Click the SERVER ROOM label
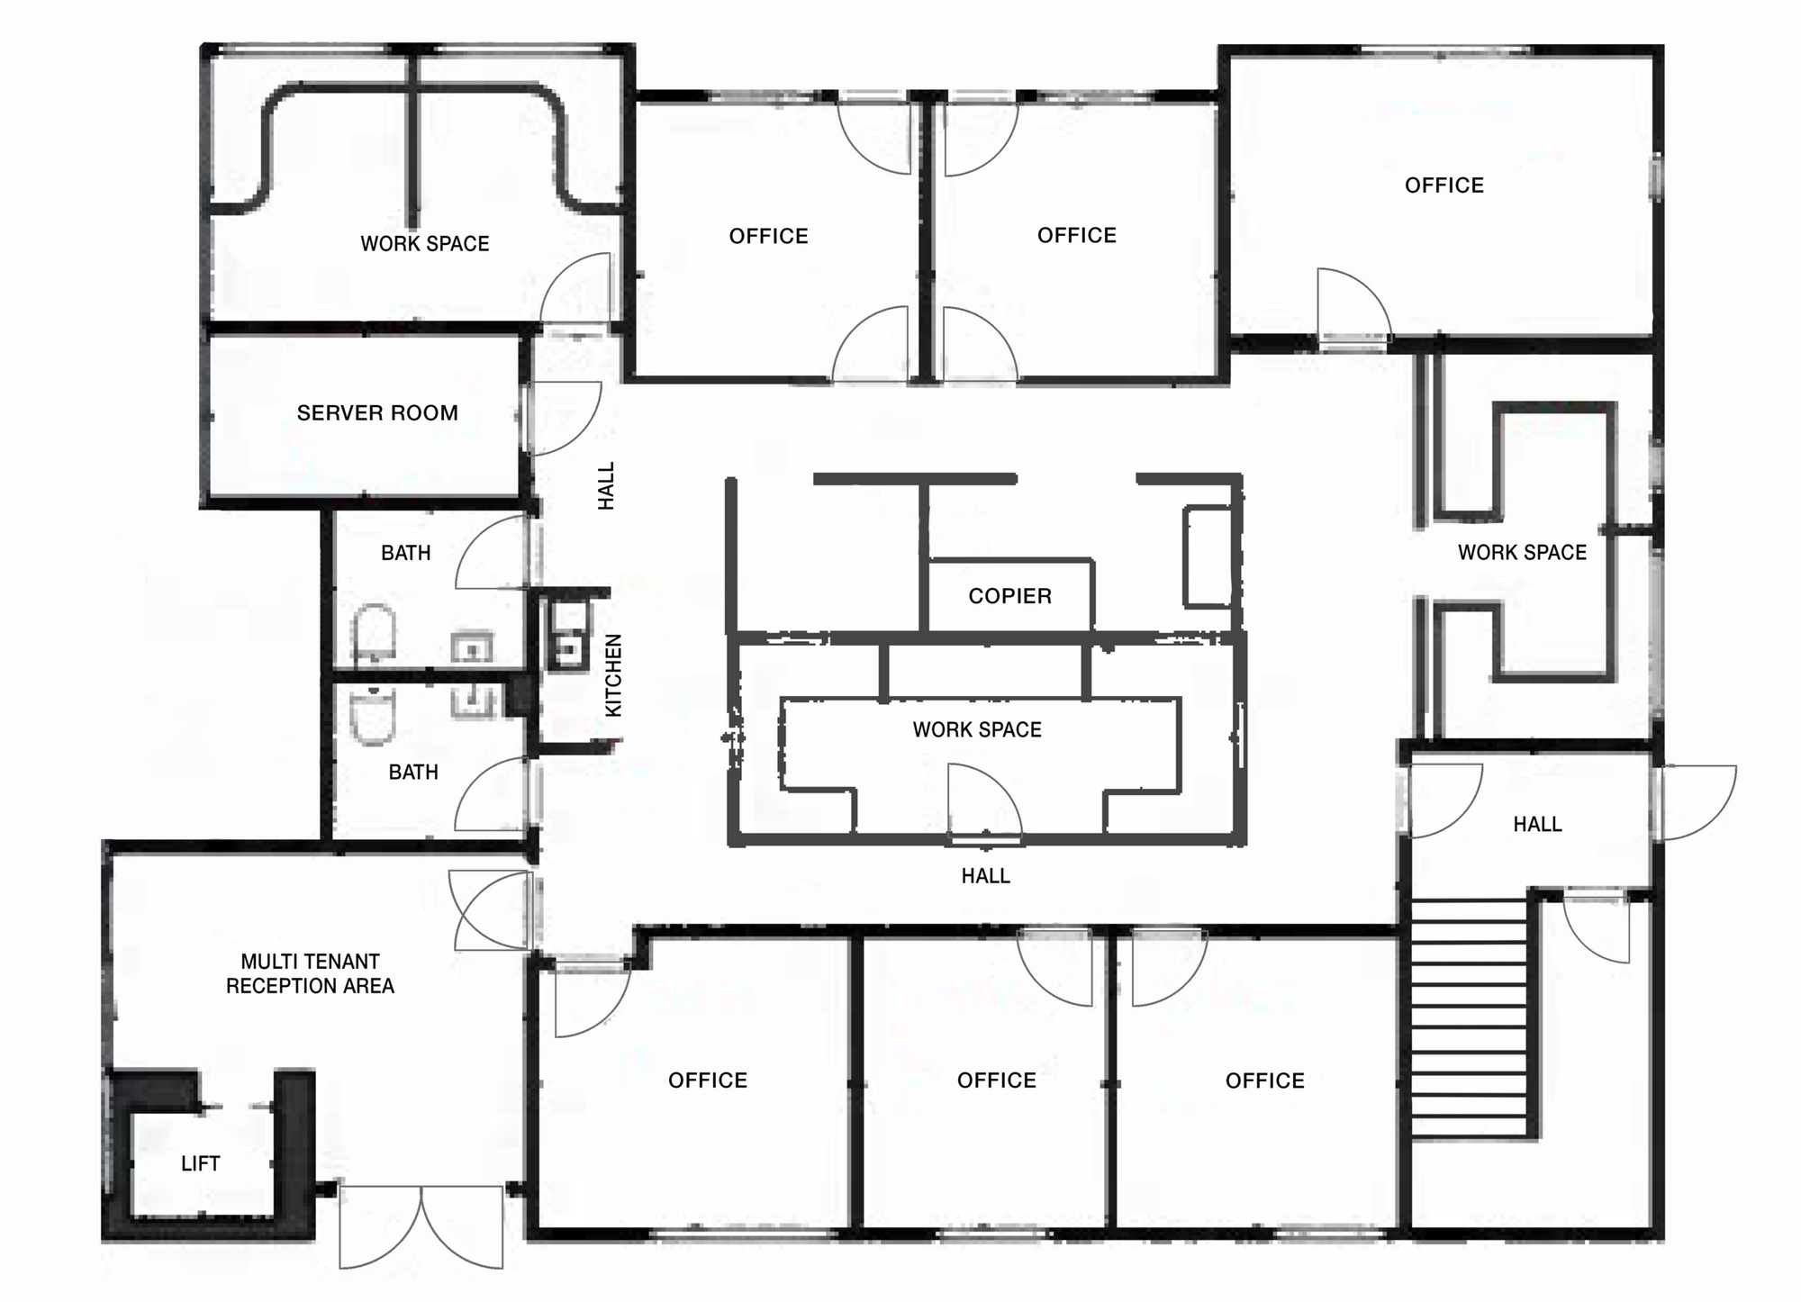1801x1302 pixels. point(377,413)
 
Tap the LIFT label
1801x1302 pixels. point(200,1163)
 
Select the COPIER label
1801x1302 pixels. point(1009,596)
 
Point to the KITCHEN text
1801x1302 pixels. point(613,675)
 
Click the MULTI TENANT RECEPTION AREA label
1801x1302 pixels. point(310,973)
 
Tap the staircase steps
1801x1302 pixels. point(1469,1017)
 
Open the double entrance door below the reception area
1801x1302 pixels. point(421,1226)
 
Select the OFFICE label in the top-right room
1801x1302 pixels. point(1444,185)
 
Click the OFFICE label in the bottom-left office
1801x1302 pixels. point(708,1080)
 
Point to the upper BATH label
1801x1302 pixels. point(405,553)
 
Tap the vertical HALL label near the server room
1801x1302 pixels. point(607,486)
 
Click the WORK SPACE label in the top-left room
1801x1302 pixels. point(425,244)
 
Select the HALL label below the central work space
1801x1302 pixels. point(985,876)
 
